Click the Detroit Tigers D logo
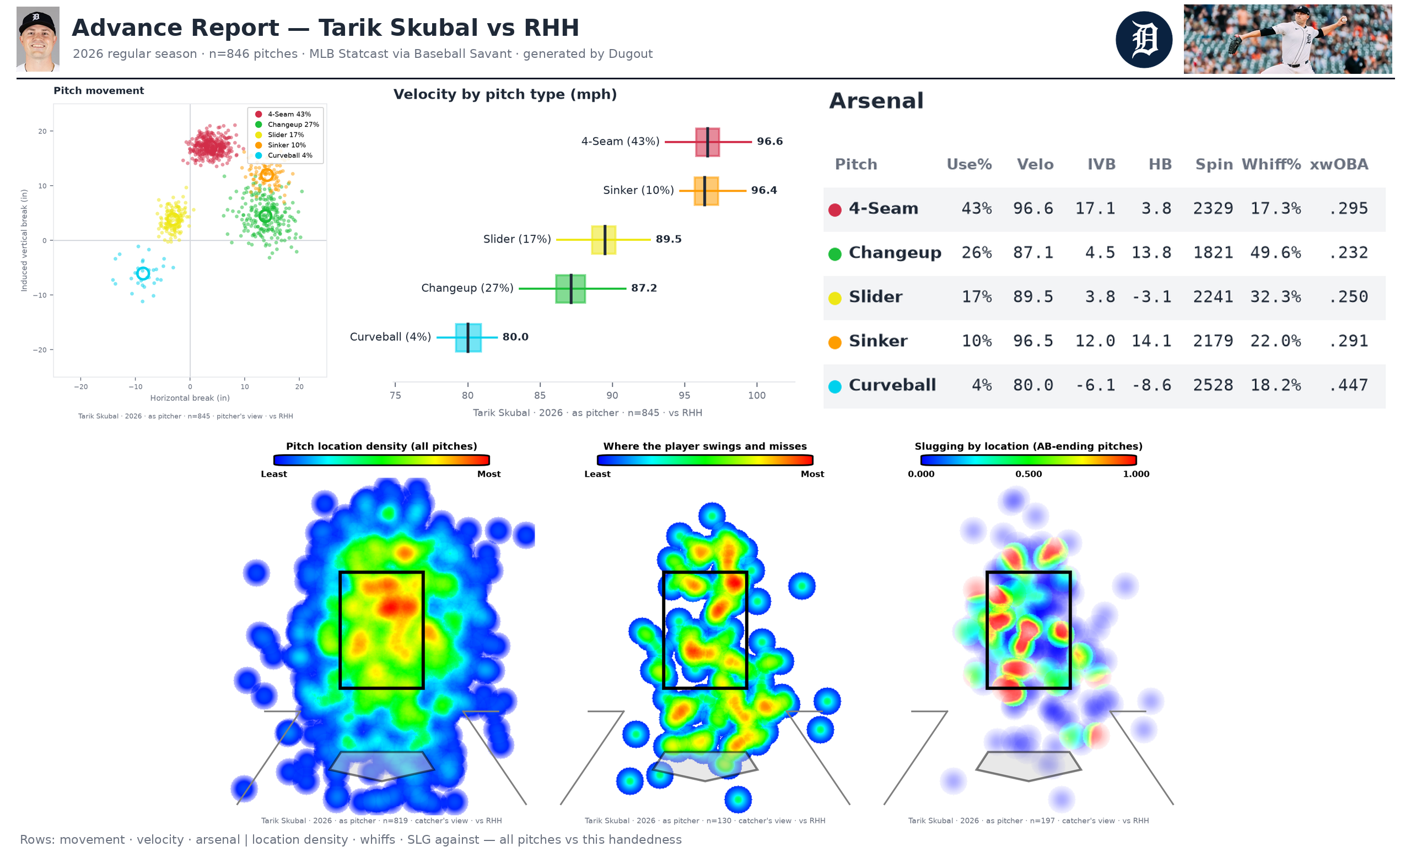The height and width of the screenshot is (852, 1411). click(x=1144, y=40)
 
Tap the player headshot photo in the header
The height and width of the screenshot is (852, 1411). click(x=38, y=39)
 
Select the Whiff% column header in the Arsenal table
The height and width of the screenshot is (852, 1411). click(x=1270, y=164)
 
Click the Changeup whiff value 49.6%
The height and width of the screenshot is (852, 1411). click(x=1275, y=252)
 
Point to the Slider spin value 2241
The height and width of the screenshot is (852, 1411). click(x=1213, y=296)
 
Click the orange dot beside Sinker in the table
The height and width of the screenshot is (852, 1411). click(x=834, y=342)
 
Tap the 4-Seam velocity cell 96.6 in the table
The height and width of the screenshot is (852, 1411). click(x=1033, y=208)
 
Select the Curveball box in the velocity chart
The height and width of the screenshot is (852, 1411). click(x=468, y=337)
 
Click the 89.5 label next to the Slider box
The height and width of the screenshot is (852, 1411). click(x=668, y=239)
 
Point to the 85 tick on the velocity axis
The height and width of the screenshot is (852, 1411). click(x=540, y=395)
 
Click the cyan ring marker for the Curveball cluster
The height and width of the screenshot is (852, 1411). click(x=143, y=274)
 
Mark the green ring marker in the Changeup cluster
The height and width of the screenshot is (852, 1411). click(x=265, y=216)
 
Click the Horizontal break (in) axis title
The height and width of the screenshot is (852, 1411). click(x=190, y=398)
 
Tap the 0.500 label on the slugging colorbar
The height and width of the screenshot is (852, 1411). click(x=1028, y=474)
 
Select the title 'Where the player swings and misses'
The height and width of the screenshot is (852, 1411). click(x=704, y=446)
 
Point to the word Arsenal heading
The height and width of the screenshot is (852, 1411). click(x=876, y=101)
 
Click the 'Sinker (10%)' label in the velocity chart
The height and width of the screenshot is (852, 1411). click(x=638, y=190)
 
